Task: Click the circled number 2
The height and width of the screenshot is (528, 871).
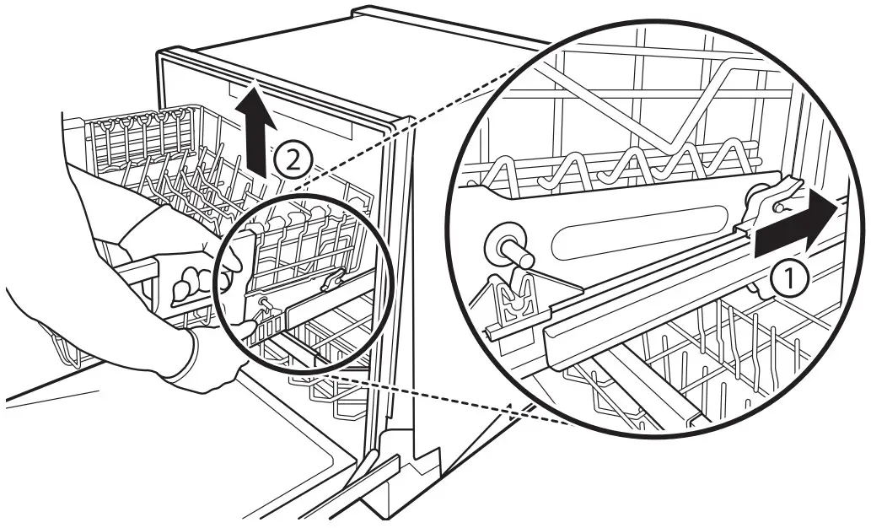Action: [x=292, y=159]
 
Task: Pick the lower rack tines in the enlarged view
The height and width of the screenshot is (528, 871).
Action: [x=725, y=354]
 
